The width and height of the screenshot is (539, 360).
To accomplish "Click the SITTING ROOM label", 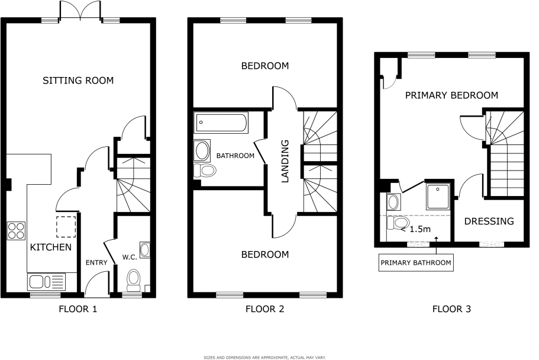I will [78, 81].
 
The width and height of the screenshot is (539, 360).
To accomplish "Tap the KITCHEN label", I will [51, 247].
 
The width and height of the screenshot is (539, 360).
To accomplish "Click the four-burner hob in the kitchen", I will [15, 230].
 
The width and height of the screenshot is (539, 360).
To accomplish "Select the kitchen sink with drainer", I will [46, 281].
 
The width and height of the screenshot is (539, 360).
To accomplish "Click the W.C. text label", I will [130, 257].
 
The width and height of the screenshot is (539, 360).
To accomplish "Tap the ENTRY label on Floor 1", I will [95, 262].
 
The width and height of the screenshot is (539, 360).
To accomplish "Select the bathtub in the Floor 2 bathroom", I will [221, 124].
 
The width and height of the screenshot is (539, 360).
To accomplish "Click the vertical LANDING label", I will [285, 160].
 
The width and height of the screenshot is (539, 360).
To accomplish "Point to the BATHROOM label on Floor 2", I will [235, 156].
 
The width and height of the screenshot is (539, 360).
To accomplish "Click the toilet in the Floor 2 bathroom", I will [205, 171].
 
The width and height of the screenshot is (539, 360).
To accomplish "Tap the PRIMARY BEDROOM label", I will [451, 95].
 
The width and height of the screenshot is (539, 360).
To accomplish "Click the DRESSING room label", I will [489, 221].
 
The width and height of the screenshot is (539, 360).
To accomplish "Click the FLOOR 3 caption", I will [451, 308].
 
